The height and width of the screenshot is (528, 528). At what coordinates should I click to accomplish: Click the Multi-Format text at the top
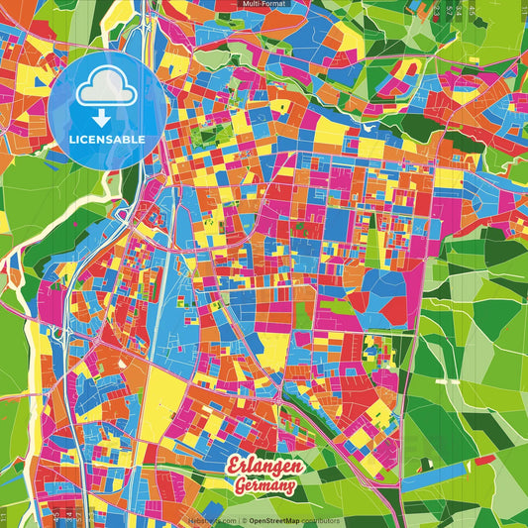click(x=264, y=4)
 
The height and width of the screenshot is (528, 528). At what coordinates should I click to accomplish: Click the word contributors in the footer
click(x=321, y=520)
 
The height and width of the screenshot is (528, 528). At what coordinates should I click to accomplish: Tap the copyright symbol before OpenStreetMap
click(x=243, y=520)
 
